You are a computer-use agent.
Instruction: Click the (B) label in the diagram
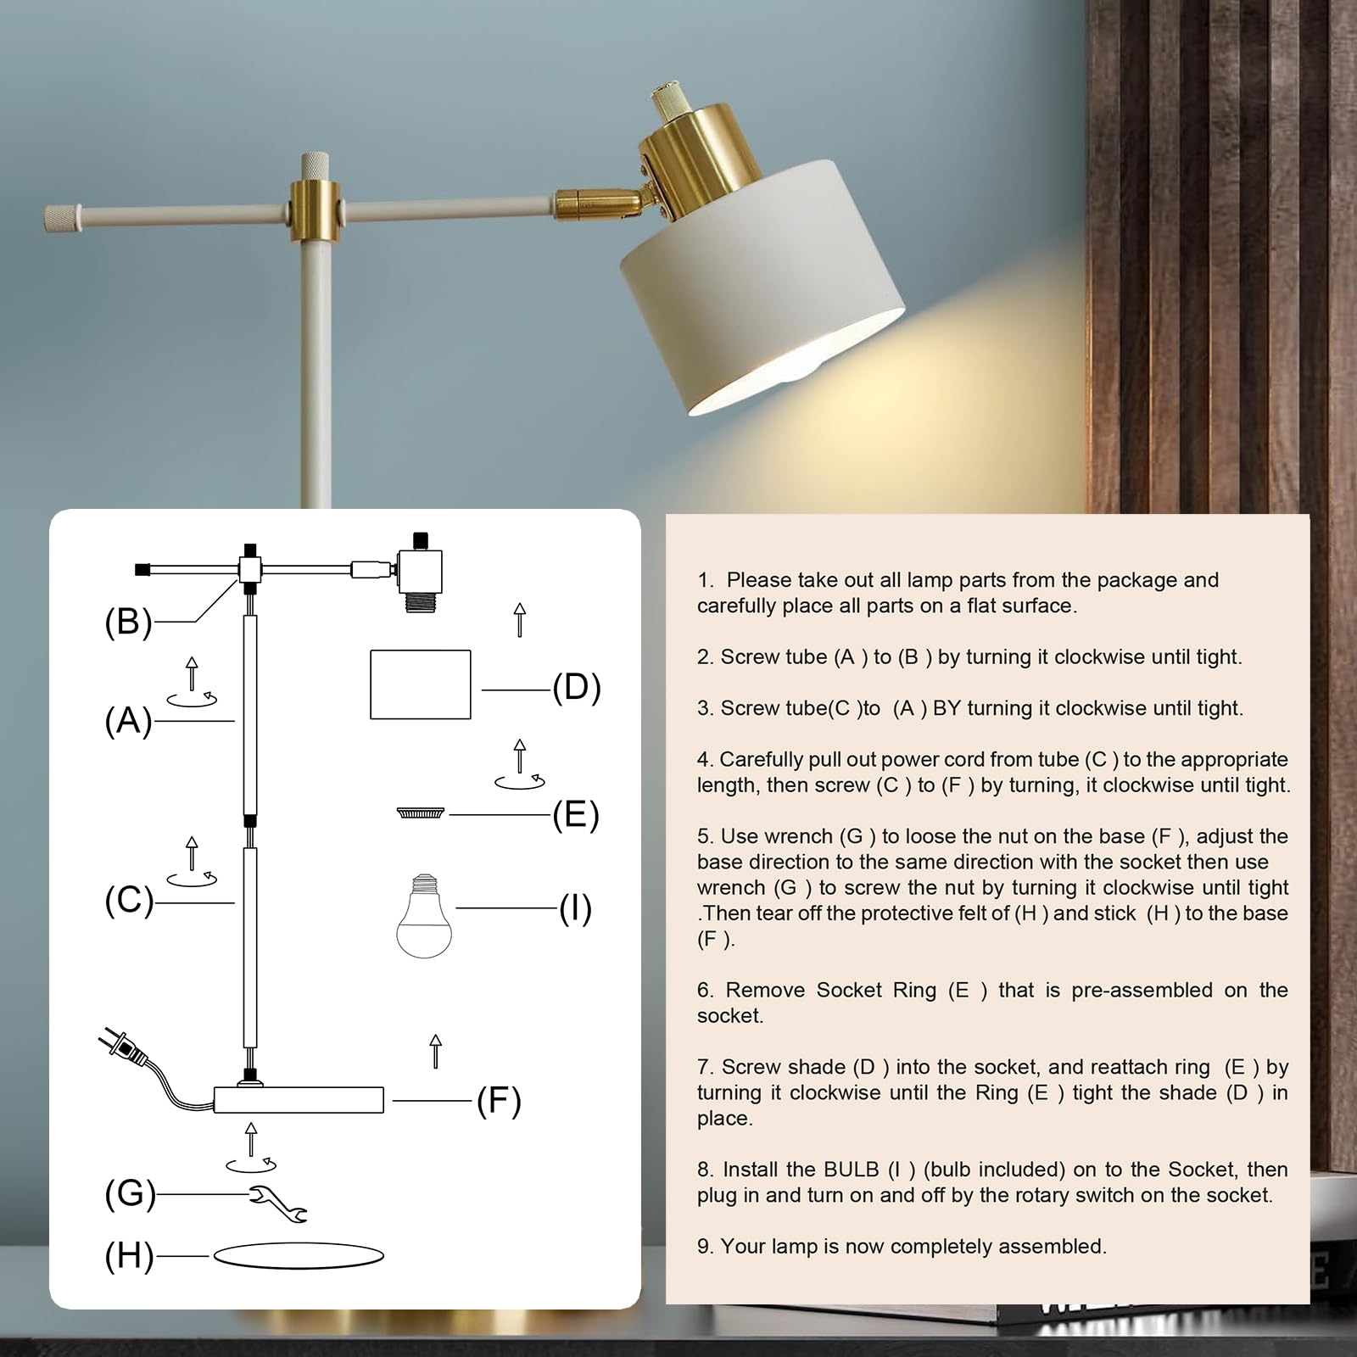tap(128, 622)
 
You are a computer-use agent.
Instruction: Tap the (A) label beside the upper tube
tap(128, 721)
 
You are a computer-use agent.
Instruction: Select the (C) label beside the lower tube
tap(129, 901)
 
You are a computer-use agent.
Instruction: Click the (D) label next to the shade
tap(577, 688)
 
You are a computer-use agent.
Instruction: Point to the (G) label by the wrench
tap(130, 1193)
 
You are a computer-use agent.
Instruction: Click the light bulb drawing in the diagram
tap(424, 917)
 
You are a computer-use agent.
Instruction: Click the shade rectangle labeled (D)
tap(421, 684)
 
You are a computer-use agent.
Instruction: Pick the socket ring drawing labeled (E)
tap(421, 813)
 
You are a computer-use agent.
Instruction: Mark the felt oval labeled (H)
tap(298, 1255)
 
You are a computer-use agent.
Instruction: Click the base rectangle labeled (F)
tap(299, 1100)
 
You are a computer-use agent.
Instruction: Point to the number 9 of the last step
tap(702, 1247)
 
